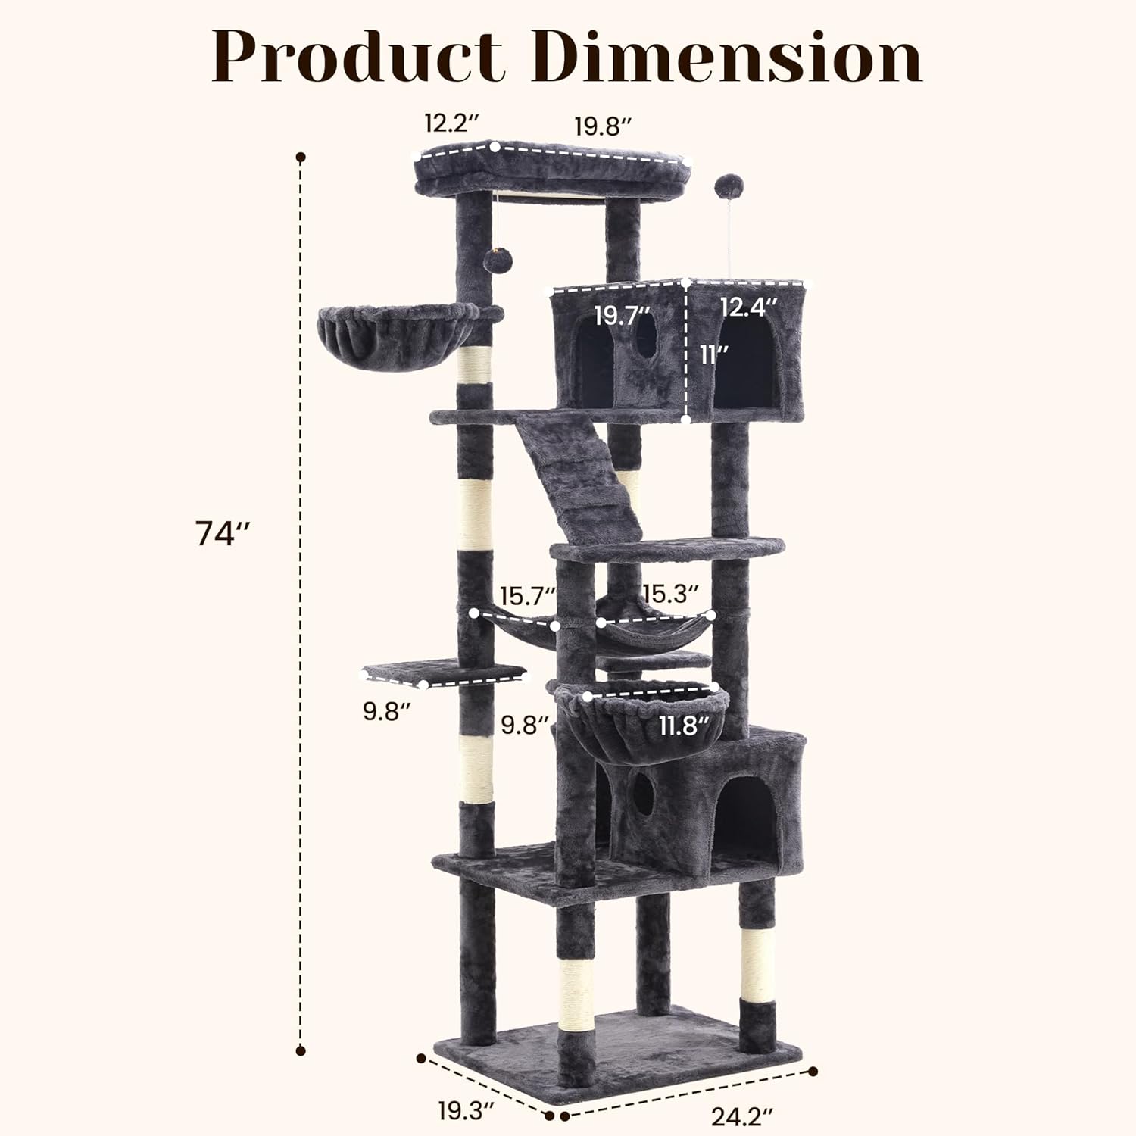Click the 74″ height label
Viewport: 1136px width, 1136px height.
pyautogui.click(x=222, y=534)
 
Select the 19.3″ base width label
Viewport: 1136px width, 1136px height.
pyautogui.click(x=466, y=1111)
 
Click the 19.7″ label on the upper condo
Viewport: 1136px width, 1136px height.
pyautogui.click(x=622, y=315)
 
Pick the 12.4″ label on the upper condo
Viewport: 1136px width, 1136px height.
pyautogui.click(x=749, y=307)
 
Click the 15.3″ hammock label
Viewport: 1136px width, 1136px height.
pyautogui.click(x=670, y=593)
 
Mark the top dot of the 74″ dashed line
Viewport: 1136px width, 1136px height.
pyautogui.click(x=301, y=158)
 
